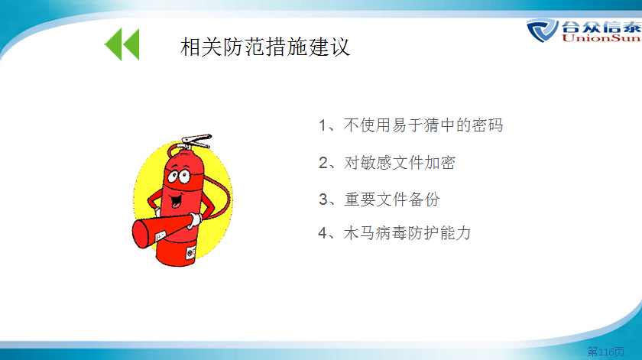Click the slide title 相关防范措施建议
(x=265, y=47)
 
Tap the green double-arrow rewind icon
(x=122, y=44)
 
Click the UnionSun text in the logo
(x=601, y=38)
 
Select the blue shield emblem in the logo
(x=542, y=31)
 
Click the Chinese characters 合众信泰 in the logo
(x=601, y=26)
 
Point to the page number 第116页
(x=606, y=351)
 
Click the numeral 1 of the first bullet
(x=323, y=125)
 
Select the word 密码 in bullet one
(x=488, y=125)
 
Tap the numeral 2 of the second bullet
(x=323, y=163)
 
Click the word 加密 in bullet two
(x=439, y=163)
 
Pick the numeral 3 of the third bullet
(x=323, y=199)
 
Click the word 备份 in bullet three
(x=424, y=199)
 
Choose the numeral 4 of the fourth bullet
(x=323, y=233)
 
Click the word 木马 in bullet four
(x=359, y=233)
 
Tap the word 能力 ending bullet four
(x=456, y=233)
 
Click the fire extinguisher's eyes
(x=179, y=176)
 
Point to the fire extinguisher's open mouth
(x=177, y=200)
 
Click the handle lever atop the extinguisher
(x=196, y=140)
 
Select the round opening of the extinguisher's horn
(x=141, y=234)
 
